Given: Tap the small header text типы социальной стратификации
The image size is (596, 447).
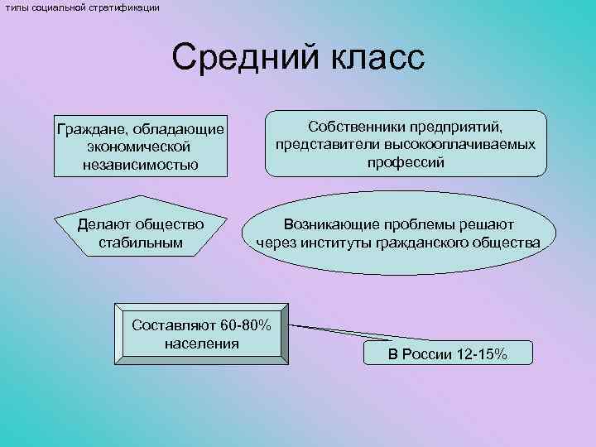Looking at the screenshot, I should [x=79, y=7].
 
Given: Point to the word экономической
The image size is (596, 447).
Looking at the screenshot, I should [x=140, y=147].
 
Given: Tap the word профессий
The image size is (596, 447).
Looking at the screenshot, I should [x=405, y=162].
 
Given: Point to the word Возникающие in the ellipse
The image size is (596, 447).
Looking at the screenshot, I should [x=329, y=224].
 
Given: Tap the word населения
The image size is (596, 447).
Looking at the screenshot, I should [x=202, y=343].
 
